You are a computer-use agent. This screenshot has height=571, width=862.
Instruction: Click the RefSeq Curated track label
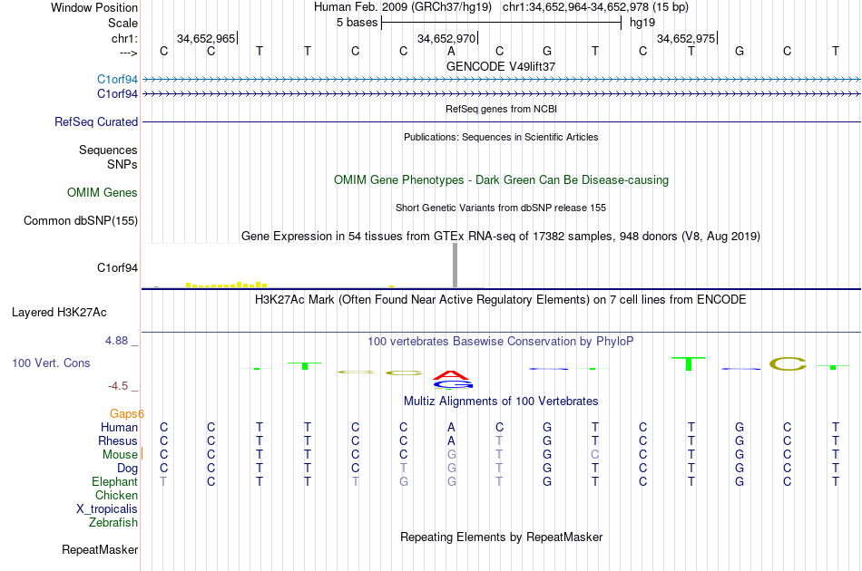96,121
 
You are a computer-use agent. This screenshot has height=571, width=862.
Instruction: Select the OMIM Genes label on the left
103,192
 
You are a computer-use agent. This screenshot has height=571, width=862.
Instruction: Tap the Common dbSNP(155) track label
81,220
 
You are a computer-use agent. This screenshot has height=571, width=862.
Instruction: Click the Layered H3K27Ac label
59,313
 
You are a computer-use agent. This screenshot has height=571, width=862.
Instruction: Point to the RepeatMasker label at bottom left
100,549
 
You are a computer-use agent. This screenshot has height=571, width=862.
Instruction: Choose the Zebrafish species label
113,522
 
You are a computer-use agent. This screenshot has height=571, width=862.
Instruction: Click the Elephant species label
114,481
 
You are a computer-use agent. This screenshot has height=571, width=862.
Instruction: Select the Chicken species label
116,495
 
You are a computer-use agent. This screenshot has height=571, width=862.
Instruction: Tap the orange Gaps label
127,413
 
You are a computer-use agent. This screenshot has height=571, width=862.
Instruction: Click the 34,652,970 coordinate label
446,39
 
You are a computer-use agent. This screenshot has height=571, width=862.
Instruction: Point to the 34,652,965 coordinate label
206,39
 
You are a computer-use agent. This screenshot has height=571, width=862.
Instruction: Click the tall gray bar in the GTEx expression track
455,266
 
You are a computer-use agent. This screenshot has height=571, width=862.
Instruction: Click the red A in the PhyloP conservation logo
451,373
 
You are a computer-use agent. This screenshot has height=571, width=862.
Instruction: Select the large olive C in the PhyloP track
788,364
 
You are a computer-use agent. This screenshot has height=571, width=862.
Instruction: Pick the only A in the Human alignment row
451,427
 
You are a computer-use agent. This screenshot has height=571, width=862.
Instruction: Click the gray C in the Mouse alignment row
595,454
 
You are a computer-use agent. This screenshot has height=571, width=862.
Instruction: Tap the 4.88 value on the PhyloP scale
119,341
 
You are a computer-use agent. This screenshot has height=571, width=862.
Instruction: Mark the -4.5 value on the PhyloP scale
119,385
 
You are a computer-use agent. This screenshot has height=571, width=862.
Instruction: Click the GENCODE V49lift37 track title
501,66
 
